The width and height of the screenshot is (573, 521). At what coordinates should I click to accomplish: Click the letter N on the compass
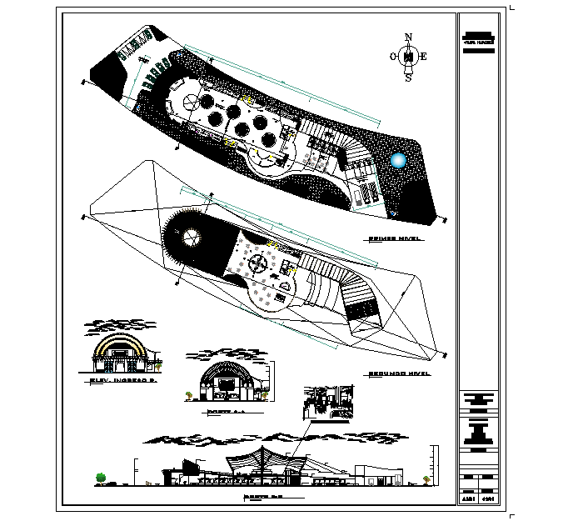click(x=408, y=37)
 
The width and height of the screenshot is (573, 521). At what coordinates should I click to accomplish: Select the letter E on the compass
click(x=424, y=57)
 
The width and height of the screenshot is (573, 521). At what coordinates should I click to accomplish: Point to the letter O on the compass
click(x=393, y=57)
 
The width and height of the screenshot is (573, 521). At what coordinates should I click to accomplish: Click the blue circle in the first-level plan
click(x=399, y=161)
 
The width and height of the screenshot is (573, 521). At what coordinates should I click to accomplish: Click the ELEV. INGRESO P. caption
click(x=122, y=382)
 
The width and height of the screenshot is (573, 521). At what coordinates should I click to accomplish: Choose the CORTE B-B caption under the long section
click(x=262, y=499)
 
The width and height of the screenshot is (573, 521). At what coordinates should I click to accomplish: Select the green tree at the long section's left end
click(x=101, y=477)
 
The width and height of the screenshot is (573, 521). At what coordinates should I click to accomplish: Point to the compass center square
click(x=408, y=57)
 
